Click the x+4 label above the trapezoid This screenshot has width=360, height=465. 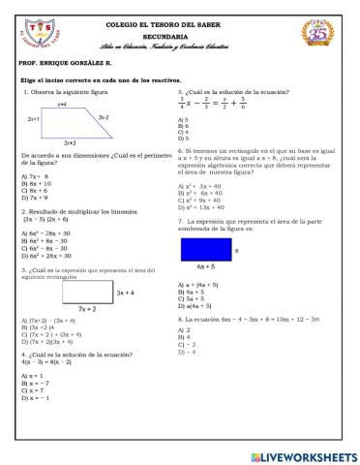[x=62, y=103]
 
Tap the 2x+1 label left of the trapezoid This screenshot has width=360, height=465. [x=33, y=119]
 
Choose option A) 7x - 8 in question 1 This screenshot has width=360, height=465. [x=37, y=176]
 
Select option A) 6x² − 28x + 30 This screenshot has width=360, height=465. [x=48, y=233]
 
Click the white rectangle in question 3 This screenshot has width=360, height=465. [x=87, y=291]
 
